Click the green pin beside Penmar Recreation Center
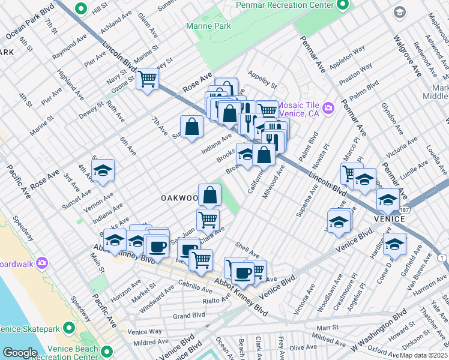342,5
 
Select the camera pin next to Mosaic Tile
328,109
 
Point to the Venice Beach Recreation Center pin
107,352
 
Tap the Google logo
20,352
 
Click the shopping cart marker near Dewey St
147,79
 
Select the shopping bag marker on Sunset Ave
191,127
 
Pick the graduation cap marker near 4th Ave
103,170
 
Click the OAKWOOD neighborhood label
179,198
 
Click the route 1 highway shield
443,257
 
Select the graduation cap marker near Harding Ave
394,244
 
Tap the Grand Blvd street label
189,315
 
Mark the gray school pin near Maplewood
399,12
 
